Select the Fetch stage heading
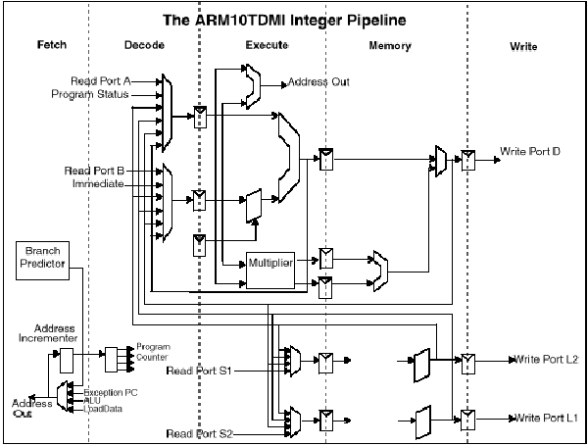(x=53, y=46)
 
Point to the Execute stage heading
(x=268, y=46)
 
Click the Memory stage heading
(x=390, y=46)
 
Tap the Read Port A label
(x=101, y=80)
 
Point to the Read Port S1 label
(x=200, y=371)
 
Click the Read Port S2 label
(x=200, y=432)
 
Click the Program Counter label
(x=153, y=351)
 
